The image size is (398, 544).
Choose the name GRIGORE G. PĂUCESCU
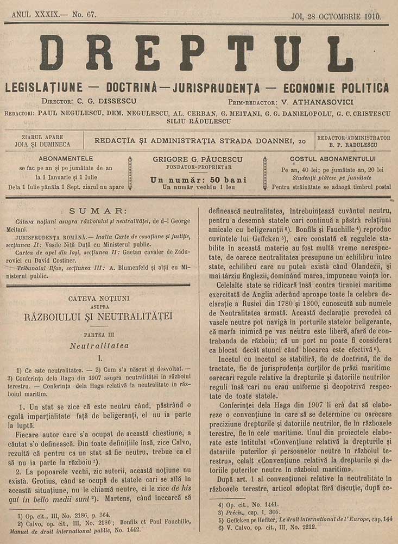198,159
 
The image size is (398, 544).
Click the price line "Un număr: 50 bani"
198,180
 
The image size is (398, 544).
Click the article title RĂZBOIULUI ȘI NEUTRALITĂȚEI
102,316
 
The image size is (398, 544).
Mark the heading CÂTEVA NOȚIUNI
102,298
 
